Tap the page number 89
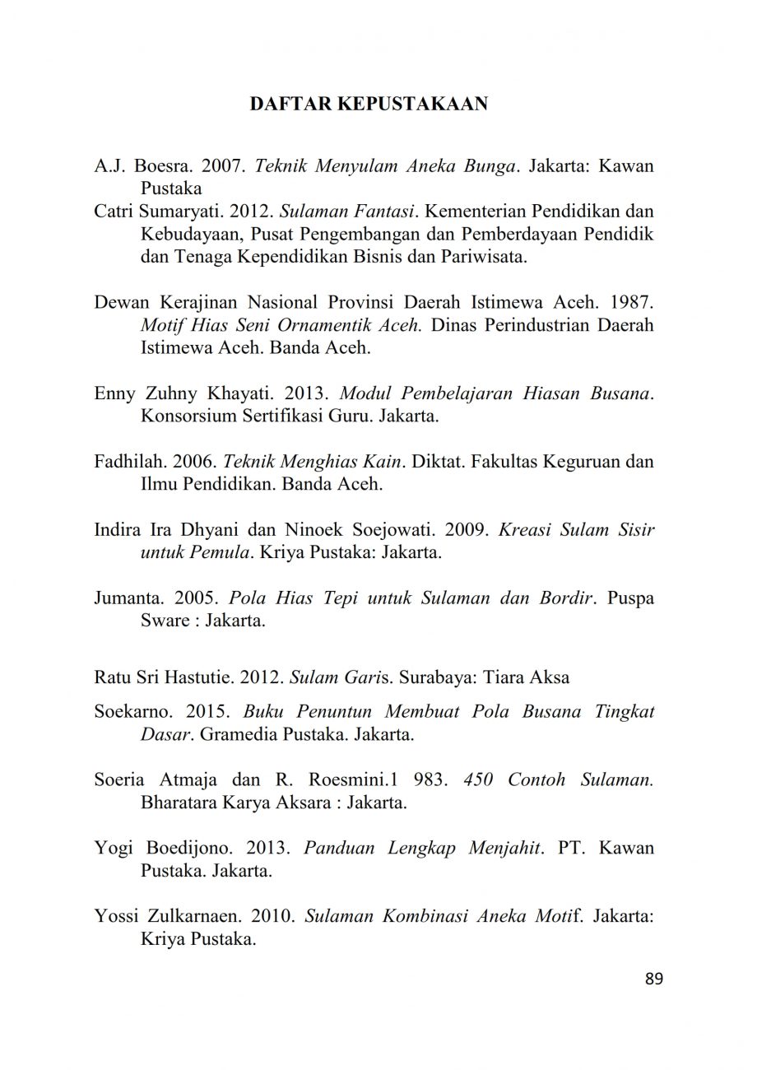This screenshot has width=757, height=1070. click(654, 979)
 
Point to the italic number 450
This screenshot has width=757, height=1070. click(478, 779)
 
